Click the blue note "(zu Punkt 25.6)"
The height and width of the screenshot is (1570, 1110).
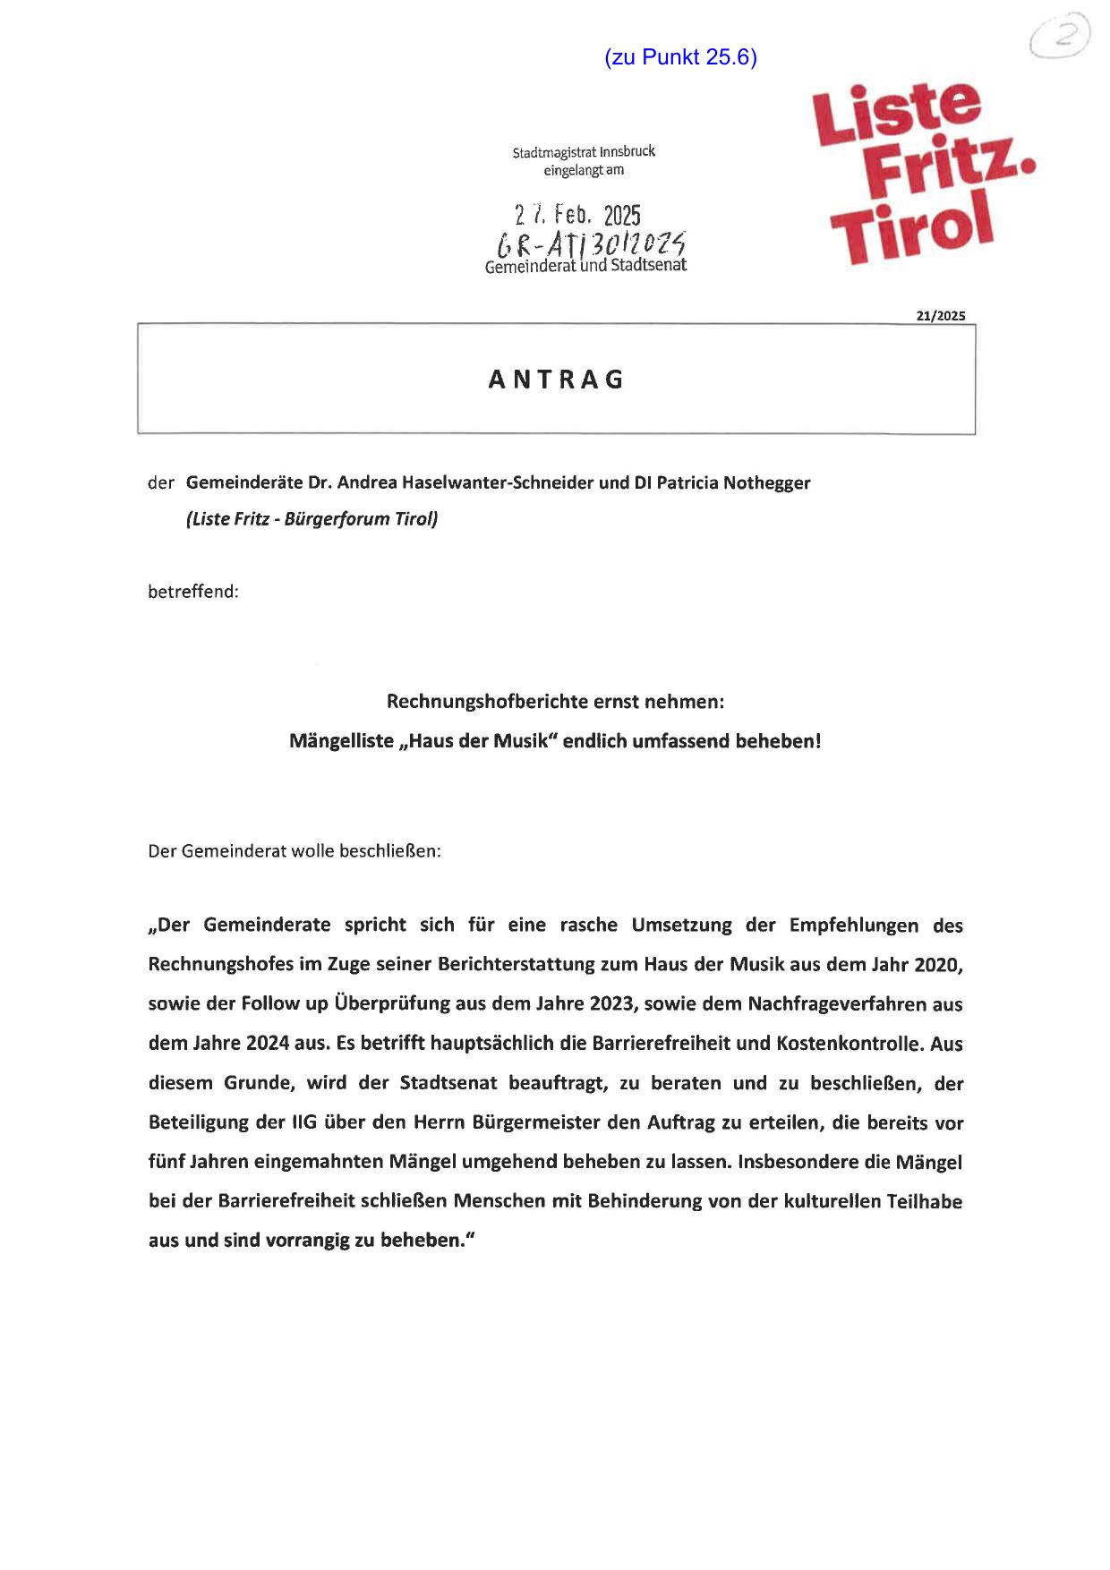pos(681,57)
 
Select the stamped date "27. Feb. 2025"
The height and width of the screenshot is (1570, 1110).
pos(577,215)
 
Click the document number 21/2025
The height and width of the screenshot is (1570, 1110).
pos(940,315)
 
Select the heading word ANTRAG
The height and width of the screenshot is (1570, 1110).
pos(556,380)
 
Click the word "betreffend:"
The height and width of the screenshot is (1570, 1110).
pos(193,592)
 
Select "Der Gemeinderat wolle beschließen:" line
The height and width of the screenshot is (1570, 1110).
pos(295,850)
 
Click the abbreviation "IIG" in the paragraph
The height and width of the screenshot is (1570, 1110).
pos(304,1122)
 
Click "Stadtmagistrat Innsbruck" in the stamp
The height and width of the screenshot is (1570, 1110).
pos(584,152)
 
